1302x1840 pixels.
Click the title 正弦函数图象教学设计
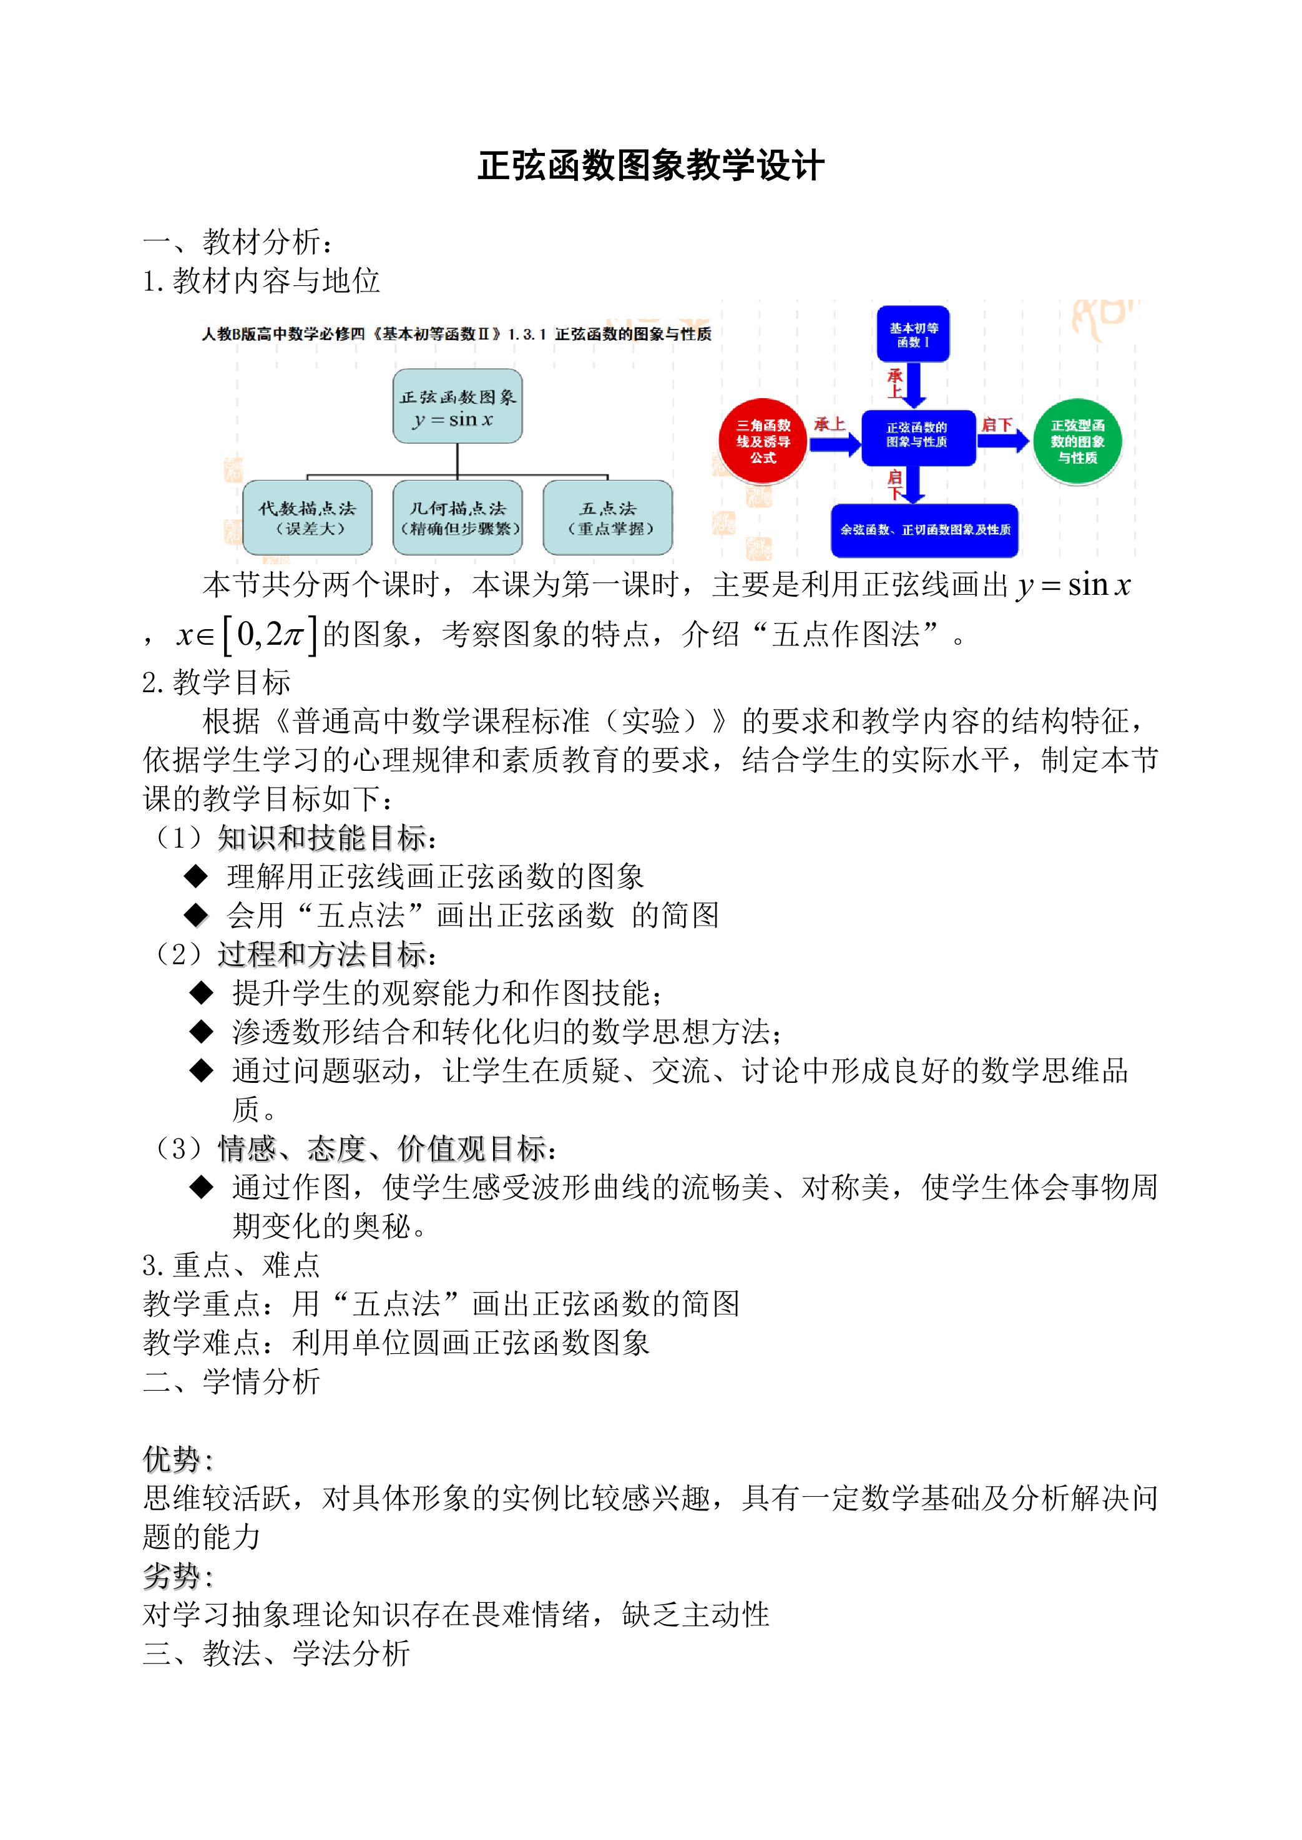[650, 166]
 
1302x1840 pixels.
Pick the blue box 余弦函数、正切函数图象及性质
[924, 530]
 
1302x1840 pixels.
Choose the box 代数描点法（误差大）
[307, 517]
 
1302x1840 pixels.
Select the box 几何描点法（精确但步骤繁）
[457, 517]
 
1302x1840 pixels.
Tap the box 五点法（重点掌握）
[608, 517]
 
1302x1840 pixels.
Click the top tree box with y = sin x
[457, 406]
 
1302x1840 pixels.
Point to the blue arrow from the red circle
[836, 442]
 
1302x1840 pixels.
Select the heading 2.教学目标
[217, 682]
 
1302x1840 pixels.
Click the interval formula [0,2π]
[268, 635]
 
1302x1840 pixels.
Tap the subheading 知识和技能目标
[321, 838]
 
